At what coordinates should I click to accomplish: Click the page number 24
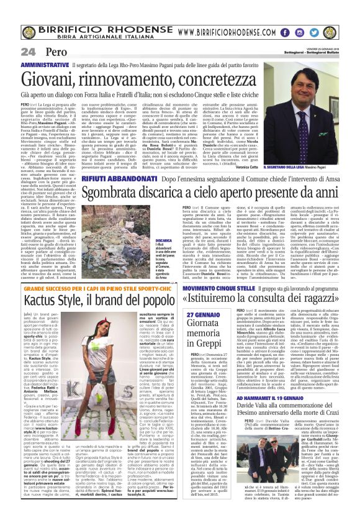tap(27, 52)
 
